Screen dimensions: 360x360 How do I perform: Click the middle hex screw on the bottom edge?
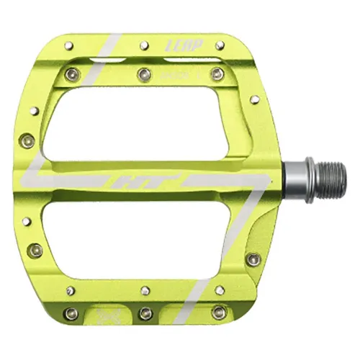[x=145, y=312]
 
